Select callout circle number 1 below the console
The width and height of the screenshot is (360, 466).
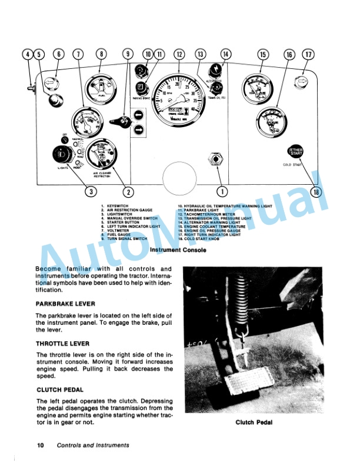(x=222, y=191)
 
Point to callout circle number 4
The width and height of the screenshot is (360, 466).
(x=27, y=55)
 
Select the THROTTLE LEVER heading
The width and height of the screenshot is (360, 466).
(x=62, y=343)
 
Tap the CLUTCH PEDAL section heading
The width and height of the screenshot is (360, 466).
(x=59, y=390)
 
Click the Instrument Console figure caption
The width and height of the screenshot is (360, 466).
(x=178, y=250)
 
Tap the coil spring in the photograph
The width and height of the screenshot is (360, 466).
(x=239, y=294)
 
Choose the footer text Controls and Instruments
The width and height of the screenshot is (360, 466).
(x=93, y=445)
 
